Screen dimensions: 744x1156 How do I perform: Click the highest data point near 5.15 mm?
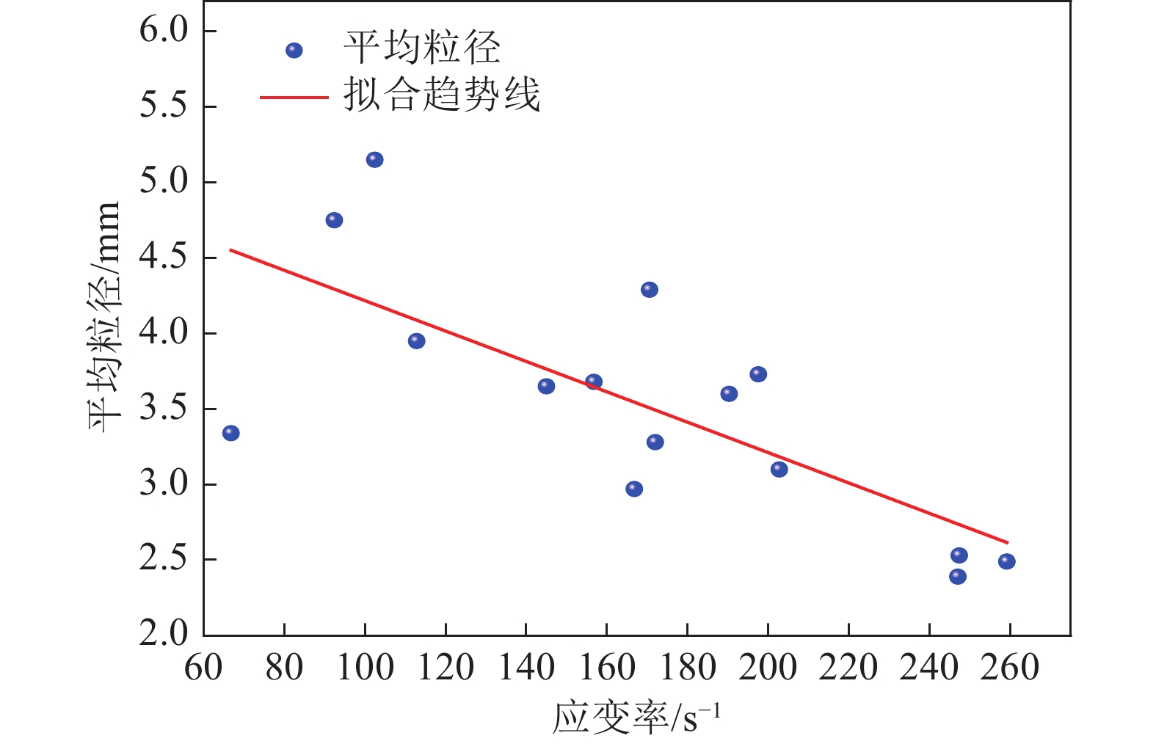click(x=374, y=159)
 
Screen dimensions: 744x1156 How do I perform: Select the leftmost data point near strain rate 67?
click(x=230, y=433)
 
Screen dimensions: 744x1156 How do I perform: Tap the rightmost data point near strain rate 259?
click(x=1006, y=561)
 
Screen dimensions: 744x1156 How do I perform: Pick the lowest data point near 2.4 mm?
click(x=957, y=577)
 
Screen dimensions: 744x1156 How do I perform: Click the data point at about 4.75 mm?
click(x=334, y=220)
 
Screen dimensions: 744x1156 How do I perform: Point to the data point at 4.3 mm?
click(x=649, y=290)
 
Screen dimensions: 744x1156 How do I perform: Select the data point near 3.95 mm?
click(x=416, y=340)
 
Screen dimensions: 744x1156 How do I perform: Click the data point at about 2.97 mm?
click(x=634, y=489)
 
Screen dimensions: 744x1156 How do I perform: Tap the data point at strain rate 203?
click(x=779, y=469)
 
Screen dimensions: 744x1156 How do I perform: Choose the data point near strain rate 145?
click(x=546, y=386)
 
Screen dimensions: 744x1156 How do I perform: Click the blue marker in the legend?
click(x=294, y=51)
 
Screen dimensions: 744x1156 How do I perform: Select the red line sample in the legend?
click(x=294, y=97)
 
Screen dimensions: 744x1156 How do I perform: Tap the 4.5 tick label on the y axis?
click(x=164, y=258)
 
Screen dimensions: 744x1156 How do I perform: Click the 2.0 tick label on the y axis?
click(x=164, y=633)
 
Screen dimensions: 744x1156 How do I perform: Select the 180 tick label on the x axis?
click(x=687, y=668)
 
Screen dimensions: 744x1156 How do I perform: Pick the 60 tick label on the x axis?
click(x=203, y=668)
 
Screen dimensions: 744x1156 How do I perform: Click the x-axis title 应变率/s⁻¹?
click(x=636, y=718)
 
